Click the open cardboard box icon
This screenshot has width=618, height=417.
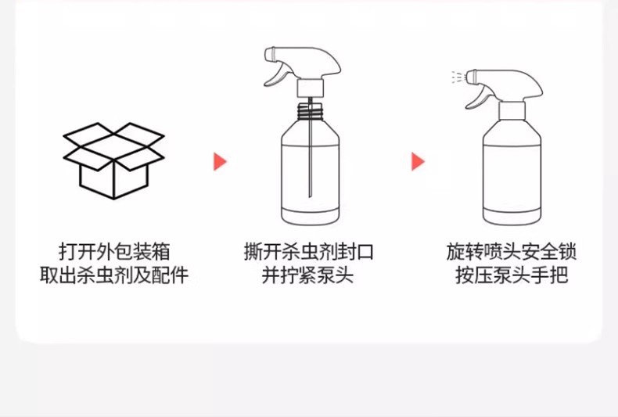tap(113, 160)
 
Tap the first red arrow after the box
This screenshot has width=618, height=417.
tap(220, 162)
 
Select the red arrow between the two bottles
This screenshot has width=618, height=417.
tap(418, 162)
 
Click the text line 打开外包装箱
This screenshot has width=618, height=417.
tap(114, 251)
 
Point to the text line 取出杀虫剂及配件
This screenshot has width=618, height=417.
tap(114, 275)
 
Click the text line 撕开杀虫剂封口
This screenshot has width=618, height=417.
tap(308, 251)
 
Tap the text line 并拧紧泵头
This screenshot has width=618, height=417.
tap(308, 275)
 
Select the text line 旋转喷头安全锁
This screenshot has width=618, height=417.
tap(512, 251)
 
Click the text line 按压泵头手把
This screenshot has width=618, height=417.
tap(512, 275)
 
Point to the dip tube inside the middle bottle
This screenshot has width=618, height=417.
tap(311, 156)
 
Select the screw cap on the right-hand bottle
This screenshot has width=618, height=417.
tap(511, 107)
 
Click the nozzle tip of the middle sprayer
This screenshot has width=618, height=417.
tap(268, 54)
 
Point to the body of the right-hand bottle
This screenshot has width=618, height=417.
tap(511, 176)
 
